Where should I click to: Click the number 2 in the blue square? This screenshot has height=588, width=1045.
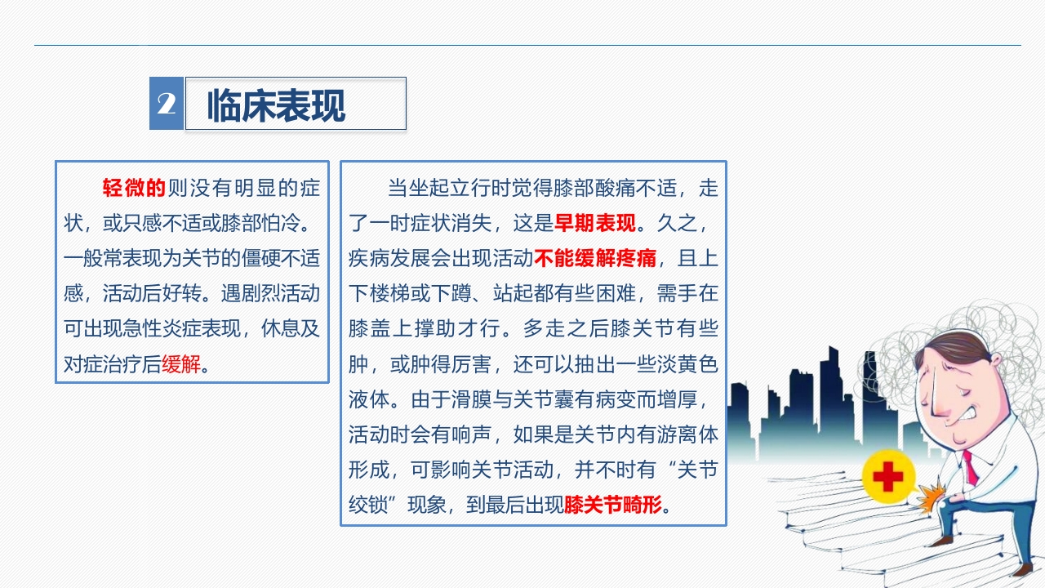pyautogui.click(x=167, y=104)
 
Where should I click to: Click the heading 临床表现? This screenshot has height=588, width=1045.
pyautogui.click(x=276, y=105)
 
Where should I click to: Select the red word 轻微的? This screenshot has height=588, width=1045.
pyautogui.click(x=134, y=189)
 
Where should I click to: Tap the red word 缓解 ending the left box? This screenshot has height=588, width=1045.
pyautogui.click(x=181, y=364)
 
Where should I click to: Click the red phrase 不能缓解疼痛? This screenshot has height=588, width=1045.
pyautogui.click(x=595, y=259)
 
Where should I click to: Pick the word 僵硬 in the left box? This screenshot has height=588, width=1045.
pyautogui.click(x=241, y=259)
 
